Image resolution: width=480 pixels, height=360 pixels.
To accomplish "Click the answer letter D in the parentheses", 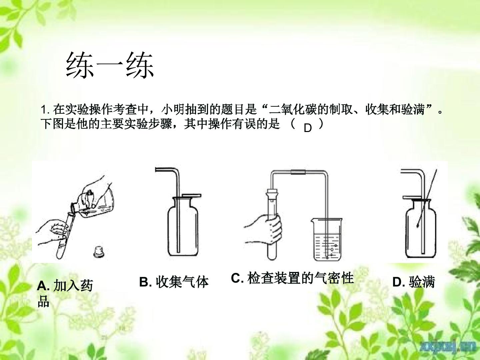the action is pyautogui.click(x=307, y=128).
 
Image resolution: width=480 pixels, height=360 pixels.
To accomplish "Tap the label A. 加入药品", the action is pyautogui.click(x=65, y=293).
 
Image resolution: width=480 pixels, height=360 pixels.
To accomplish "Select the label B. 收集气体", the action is pyautogui.click(x=174, y=282).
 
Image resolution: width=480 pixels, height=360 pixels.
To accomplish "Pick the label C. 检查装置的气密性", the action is pyautogui.click(x=292, y=278).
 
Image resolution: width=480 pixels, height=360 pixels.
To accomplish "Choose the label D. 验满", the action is pyautogui.click(x=414, y=282).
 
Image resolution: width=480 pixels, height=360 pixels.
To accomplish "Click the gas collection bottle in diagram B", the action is pyautogui.click(x=183, y=226).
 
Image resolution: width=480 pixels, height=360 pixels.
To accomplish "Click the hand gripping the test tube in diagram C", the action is pyautogui.click(x=263, y=230).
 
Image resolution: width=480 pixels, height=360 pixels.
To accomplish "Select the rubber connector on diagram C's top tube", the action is pyautogui.click(x=298, y=172).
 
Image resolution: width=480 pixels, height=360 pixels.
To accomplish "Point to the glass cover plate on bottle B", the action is pyautogui.click(x=191, y=195).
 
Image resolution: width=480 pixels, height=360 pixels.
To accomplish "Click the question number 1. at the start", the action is pyautogui.click(x=46, y=110).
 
